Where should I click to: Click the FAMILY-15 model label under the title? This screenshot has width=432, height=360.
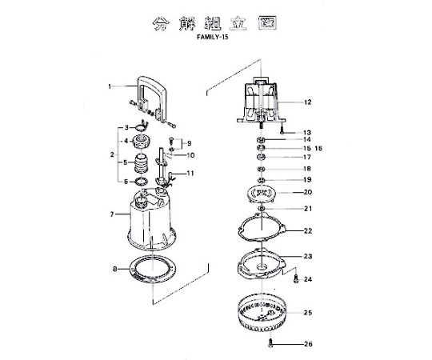click(213, 37)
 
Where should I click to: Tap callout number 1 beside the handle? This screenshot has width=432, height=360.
click(110, 86)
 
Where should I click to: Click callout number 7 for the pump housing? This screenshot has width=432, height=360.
click(112, 214)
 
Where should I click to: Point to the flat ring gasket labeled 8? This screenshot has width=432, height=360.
click(152, 269)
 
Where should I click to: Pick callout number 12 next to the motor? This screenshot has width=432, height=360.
click(308, 102)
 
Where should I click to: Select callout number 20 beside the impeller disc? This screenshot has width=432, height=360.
click(308, 192)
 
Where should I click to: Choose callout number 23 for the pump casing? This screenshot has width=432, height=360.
click(308, 256)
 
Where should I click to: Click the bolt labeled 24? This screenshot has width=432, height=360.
click(296, 278)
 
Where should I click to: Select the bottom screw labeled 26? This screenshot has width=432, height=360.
click(270, 343)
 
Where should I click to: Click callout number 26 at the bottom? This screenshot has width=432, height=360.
click(308, 344)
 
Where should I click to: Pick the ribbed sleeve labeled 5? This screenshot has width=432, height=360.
click(142, 163)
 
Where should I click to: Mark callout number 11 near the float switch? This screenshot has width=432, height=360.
click(190, 174)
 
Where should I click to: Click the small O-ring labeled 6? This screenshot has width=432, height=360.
click(141, 182)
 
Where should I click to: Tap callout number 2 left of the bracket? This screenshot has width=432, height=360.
click(112, 154)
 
